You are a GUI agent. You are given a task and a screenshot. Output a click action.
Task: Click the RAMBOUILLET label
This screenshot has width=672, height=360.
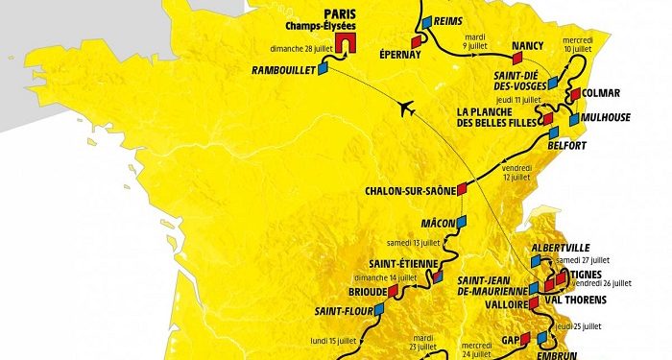[x=283, y=71]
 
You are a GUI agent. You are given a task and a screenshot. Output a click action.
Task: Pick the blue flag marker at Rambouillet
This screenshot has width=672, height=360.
[x=324, y=68]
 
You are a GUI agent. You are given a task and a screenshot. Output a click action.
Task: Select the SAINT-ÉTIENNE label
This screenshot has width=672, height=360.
[x=404, y=263]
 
